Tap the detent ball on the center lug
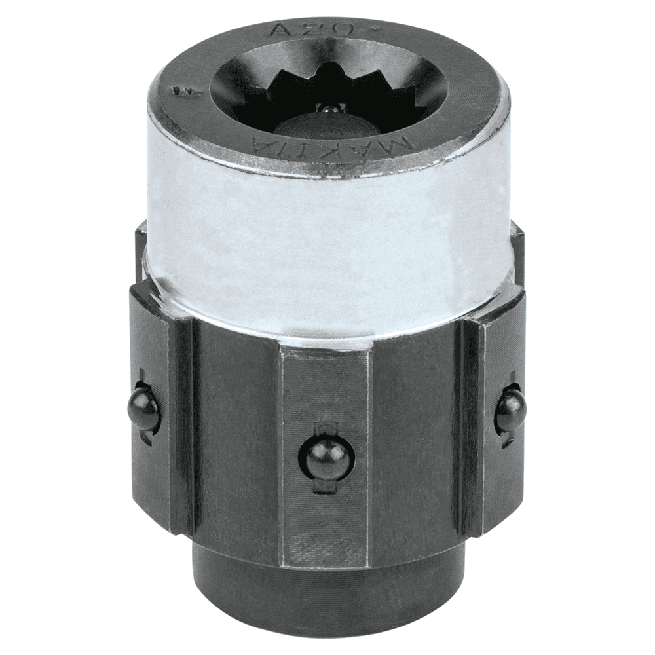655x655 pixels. (x=327, y=456)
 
